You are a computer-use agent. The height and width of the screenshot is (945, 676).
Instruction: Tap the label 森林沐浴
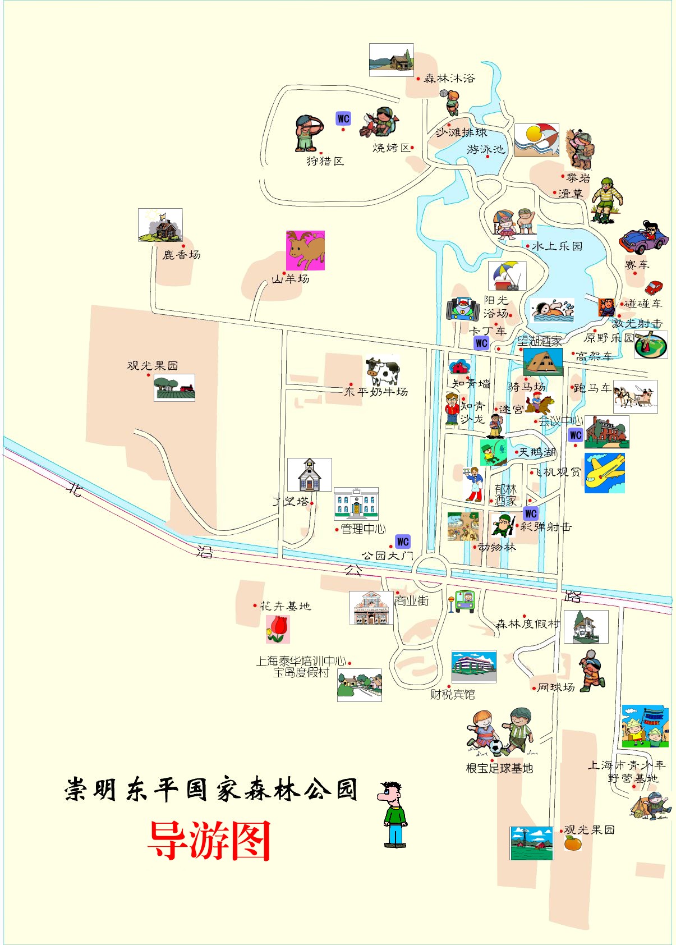449,79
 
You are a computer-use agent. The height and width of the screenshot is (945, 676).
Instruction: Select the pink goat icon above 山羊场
305,250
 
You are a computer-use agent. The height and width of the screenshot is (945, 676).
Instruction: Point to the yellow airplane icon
604,473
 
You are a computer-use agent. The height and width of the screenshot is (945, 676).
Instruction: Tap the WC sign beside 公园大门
402,542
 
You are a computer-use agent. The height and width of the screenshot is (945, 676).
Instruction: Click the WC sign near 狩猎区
343,118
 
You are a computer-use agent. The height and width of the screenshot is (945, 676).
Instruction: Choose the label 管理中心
363,529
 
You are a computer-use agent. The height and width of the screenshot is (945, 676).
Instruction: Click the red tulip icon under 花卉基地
278,629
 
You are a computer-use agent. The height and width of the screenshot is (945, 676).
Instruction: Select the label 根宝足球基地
499,768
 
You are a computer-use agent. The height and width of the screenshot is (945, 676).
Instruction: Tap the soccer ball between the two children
495,746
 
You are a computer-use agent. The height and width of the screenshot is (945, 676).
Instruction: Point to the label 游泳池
486,149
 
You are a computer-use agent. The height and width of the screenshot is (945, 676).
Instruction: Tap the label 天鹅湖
537,452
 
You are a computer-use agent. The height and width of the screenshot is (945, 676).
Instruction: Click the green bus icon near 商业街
465,600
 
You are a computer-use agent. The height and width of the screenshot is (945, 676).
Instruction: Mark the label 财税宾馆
453,695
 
